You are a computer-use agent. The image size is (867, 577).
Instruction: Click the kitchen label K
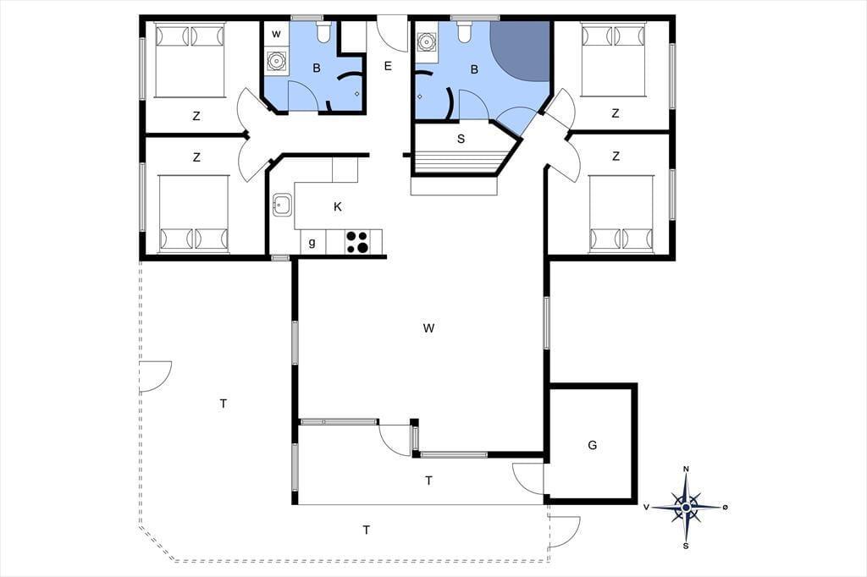coord(337,206)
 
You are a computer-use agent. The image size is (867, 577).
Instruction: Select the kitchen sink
coord(282,205)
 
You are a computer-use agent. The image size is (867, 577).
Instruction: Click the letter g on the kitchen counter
coord(312,242)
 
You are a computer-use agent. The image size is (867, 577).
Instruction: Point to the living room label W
coord(428,328)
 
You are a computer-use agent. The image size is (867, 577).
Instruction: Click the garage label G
coord(593,445)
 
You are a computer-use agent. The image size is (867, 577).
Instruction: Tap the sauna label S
coord(461,139)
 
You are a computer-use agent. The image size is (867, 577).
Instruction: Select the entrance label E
coord(388,66)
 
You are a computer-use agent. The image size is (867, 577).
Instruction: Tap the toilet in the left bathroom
coord(323,32)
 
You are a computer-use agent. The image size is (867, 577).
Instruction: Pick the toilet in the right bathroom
coord(465,31)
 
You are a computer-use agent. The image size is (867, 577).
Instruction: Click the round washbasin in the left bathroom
coord(276,61)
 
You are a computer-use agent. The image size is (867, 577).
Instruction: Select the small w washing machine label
coord(277,35)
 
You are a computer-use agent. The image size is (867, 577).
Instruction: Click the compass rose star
coord(686,507)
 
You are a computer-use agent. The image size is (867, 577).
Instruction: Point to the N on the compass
coord(686,470)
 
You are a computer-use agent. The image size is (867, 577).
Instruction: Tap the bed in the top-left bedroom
coord(191,60)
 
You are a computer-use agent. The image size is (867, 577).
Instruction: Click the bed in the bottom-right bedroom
coord(621,214)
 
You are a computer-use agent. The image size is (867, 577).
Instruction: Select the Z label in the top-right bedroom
coord(616,113)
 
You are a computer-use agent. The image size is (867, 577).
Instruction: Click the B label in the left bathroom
coord(317,68)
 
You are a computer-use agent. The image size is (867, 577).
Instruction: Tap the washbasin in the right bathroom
coord(426,41)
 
